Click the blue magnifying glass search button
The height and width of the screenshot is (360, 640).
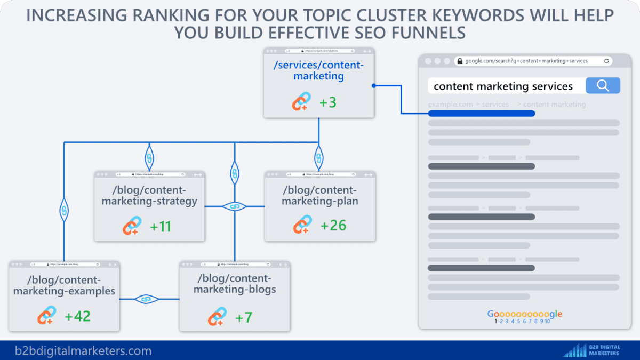tap(603, 86)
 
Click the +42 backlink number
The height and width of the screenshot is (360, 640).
tap(77, 316)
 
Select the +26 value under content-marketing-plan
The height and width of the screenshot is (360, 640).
tap(333, 225)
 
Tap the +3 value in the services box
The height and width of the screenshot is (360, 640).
tap(327, 102)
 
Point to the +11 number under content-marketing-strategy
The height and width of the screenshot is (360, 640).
tap(161, 226)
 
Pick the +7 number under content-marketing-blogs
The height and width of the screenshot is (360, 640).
tap(243, 317)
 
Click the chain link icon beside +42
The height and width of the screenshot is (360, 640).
tap(46, 316)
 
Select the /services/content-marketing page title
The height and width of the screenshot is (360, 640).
tap(318, 70)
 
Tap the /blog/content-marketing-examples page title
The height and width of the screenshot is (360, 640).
tap(64, 285)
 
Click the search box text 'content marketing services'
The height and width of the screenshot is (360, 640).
tap(503, 86)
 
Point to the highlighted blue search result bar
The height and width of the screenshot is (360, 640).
tap(481, 114)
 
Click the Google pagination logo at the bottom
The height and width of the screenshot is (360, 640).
tap(524, 314)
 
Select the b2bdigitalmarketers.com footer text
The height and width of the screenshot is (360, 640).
tap(83, 351)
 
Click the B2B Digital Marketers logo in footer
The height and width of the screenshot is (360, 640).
tap(592, 350)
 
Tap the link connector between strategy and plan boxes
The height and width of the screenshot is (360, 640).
tap(234, 206)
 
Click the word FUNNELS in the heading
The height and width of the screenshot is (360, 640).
tap(424, 33)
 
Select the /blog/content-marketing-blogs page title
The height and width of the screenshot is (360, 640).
tap(235, 284)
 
